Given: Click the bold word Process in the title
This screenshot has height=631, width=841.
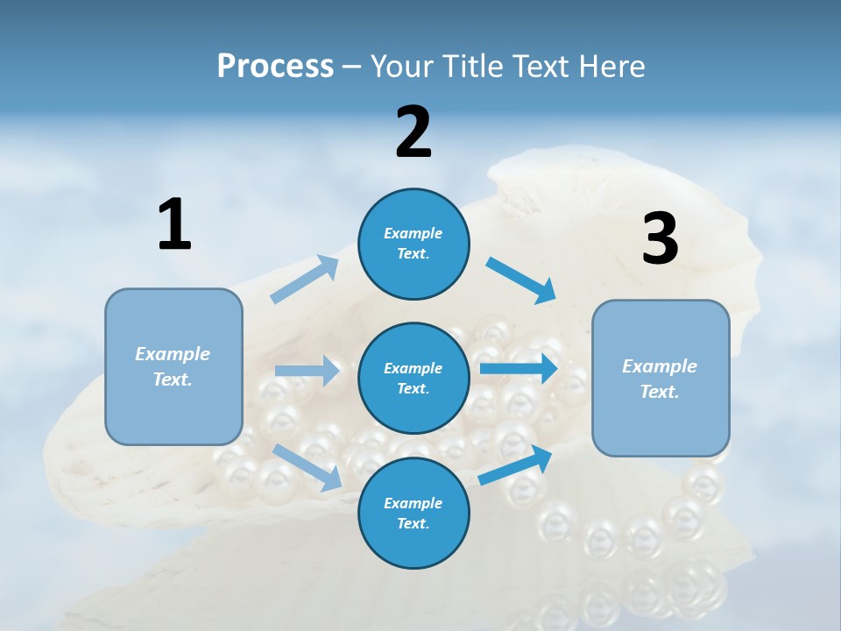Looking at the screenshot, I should click(x=275, y=67).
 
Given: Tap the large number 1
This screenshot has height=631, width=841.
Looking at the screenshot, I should click(x=174, y=224).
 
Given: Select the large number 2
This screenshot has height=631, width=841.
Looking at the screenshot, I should click(x=413, y=132).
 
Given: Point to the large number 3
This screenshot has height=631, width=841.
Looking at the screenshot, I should click(x=660, y=238).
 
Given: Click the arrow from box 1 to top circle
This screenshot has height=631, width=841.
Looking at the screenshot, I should click(x=305, y=280).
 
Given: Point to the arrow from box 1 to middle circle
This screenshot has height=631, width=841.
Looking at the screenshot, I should click(x=307, y=371).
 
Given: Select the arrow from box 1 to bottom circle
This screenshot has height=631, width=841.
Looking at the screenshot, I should click(x=307, y=466).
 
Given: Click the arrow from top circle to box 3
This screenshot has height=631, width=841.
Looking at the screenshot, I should click(x=521, y=280).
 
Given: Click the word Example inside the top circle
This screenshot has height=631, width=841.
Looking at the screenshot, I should click(x=413, y=233).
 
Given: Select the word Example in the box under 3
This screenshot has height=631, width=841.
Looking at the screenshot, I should click(x=660, y=366).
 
